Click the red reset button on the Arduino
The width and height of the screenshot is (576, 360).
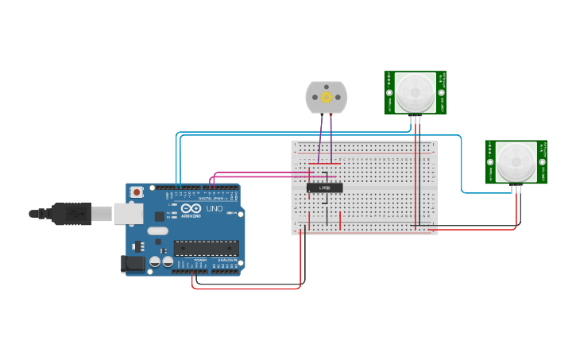(x=137, y=192)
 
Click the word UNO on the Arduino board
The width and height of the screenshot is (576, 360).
(x=215, y=209)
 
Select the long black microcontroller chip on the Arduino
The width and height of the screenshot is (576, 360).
(x=206, y=248)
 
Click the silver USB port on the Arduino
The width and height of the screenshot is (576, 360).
(x=128, y=213)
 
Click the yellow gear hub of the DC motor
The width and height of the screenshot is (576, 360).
(x=326, y=96)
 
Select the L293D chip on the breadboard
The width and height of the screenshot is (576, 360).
(x=325, y=188)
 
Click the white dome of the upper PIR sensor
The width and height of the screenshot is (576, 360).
(x=415, y=92)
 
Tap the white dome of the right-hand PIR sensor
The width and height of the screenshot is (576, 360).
(x=516, y=161)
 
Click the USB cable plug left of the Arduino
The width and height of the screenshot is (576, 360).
(x=71, y=213)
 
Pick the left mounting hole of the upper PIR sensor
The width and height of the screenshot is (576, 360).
(x=390, y=93)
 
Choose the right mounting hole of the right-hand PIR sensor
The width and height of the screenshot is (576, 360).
(x=541, y=162)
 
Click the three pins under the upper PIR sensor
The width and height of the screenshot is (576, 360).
(x=416, y=119)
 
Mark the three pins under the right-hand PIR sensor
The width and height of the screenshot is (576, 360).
(x=517, y=188)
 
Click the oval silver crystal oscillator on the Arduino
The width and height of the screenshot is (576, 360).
(x=157, y=231)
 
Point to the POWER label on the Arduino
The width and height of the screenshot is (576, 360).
(x=200, y=260)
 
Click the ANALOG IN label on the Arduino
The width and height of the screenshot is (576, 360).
(x=226, y=260)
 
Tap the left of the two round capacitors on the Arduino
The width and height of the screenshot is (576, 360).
(x=155, y=261)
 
